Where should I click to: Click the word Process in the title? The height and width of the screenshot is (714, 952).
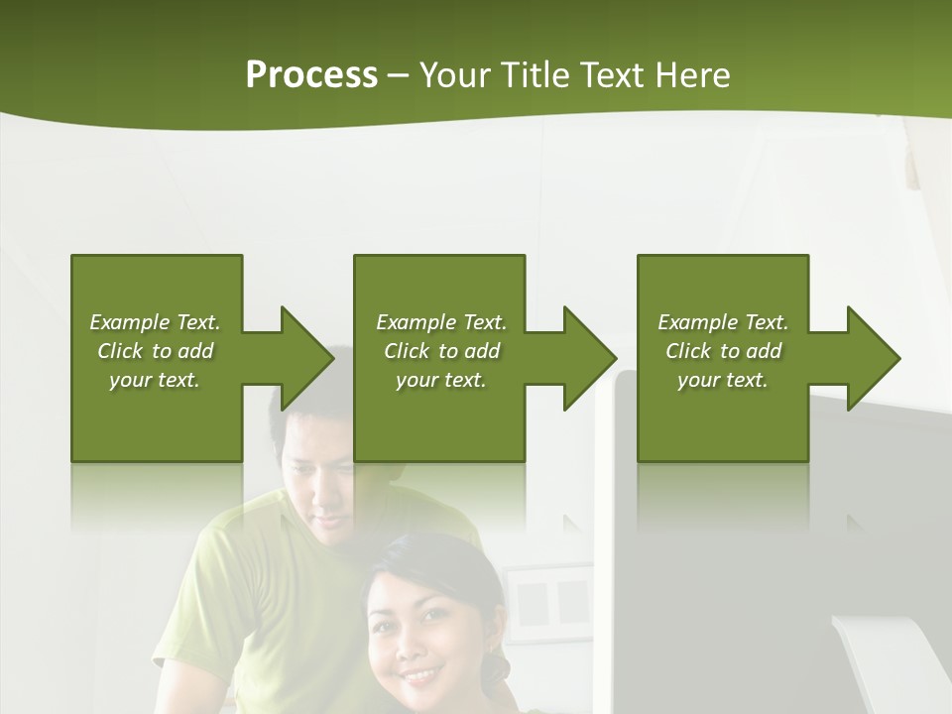tap(311, 75)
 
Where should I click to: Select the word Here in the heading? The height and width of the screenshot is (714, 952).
tap(692, 75)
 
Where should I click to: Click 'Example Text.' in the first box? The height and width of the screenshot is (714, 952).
tap(155, 322)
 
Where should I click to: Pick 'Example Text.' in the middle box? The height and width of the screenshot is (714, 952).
tap(440, 322)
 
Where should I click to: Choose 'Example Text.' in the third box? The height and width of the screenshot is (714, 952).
tap(723, 322)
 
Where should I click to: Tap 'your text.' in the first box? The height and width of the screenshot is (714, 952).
tap(155, 380)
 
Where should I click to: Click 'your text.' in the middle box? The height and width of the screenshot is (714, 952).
tap(440, 380)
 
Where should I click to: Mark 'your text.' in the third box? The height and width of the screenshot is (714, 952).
tap(723, 380)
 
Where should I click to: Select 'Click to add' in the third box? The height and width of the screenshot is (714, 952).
tap(723, 351)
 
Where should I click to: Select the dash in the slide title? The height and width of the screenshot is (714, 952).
tap(399, 75)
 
